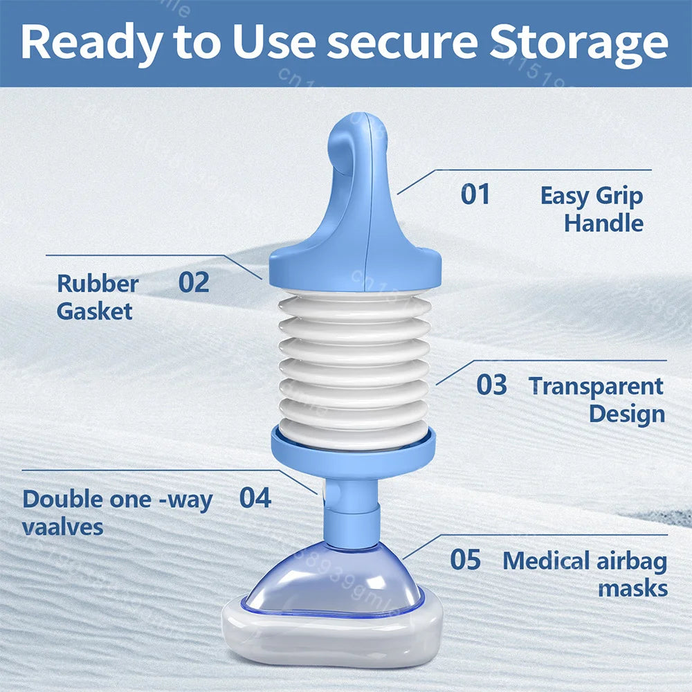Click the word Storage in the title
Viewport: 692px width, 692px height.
tap(579, 42)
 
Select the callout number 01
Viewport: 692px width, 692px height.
tap(475, 194)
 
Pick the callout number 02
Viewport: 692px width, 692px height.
tap(194, 282)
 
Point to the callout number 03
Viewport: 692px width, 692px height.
tap(491, 385)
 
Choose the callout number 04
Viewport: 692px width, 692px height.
tap(255, 498)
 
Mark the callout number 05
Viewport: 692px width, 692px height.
tap(465, 560)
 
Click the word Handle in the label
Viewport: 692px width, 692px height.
tap(603, 224)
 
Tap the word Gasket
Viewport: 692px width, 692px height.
tap(94, 311)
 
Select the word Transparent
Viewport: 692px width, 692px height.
tap(596, 386)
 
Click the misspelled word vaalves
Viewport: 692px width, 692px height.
tap(62, 527)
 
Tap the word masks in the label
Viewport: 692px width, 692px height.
tap(632, 589)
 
